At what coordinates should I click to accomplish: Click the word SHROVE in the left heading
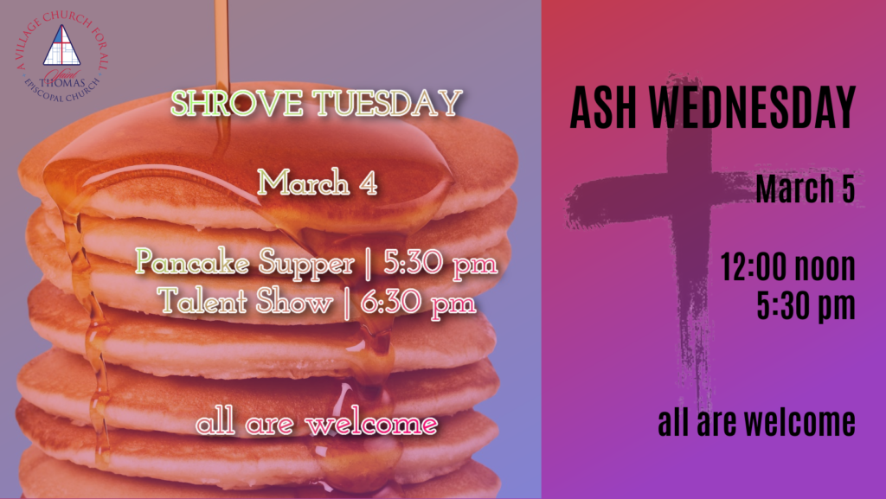point(237,103)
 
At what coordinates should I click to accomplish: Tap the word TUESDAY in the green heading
point(388,103)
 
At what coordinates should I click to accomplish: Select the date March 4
point(317,182)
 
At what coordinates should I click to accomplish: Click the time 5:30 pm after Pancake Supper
point(440,263)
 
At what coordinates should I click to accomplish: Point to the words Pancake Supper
point(245,264)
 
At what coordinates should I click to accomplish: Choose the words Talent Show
point(245,301)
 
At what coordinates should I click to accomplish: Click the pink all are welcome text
point(317,424)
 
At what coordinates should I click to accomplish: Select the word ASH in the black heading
point(604,108)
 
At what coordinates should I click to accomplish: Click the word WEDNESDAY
point(753,108)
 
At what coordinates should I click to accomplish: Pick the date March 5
point(806,189)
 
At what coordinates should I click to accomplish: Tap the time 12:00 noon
point(787,266)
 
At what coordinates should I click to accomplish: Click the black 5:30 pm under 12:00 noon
point(806,306)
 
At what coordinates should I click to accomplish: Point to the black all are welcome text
point(756,422)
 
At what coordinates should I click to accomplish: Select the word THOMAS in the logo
point(62,83)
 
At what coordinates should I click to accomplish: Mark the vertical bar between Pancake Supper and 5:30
point(369,264)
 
